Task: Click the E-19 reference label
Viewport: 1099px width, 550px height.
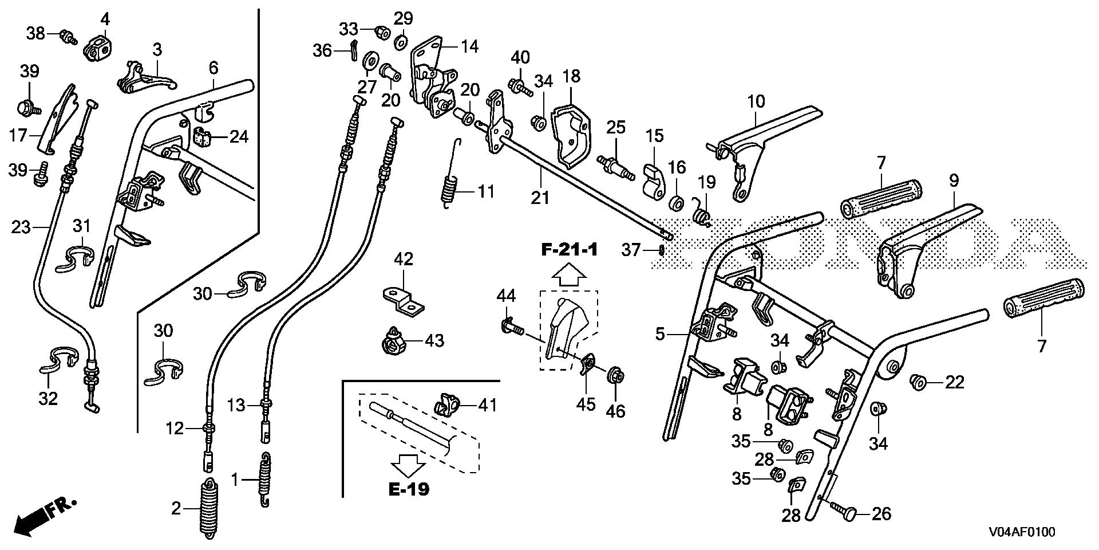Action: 408,489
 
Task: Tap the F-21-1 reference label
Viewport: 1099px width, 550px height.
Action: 570,250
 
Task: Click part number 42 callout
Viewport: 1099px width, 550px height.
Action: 404,260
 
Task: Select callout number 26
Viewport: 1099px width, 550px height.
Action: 881,514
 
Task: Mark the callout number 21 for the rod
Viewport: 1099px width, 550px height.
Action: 539,198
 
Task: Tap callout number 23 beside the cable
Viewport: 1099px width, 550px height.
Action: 21,227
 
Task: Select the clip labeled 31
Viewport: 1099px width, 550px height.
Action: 77,258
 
